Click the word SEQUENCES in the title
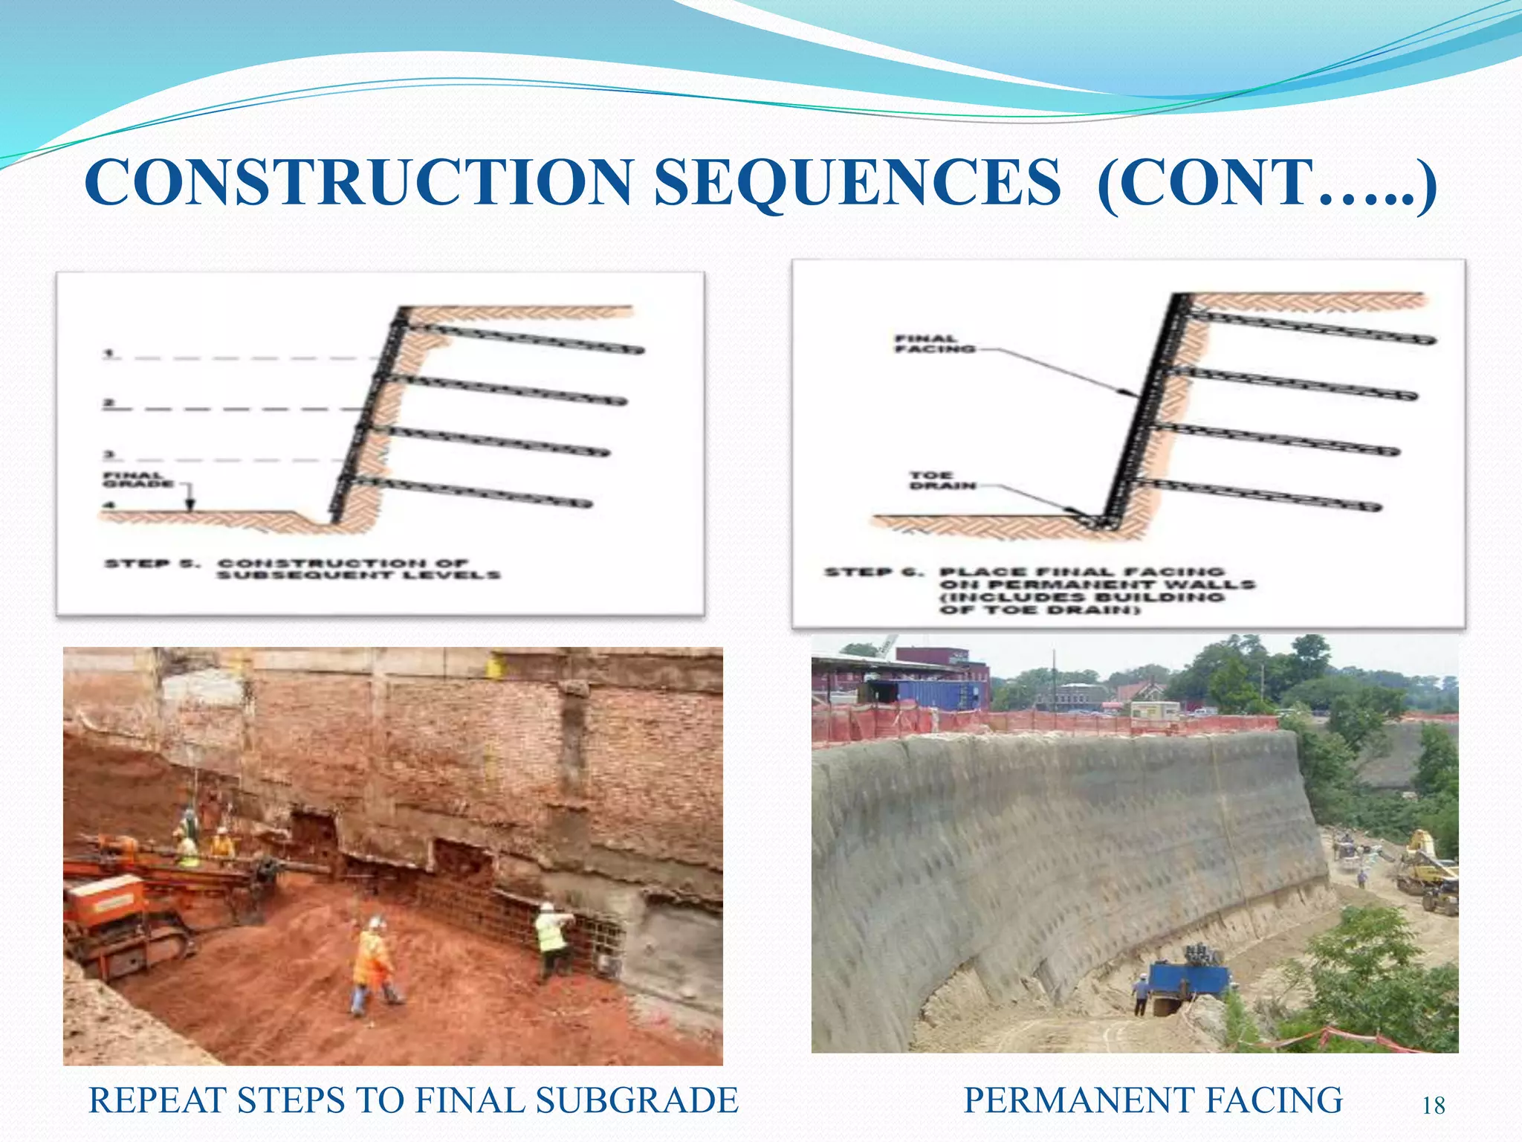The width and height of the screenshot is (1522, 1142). coord(858,183)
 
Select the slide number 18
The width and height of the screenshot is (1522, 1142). coord(1434,1106)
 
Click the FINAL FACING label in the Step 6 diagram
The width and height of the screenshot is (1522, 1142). coord(935,343)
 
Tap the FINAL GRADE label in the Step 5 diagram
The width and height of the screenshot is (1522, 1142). coord(137,480)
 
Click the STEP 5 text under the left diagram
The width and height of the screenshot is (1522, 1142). coord(152,564)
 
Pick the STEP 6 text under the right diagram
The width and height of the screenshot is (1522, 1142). coord(874,572)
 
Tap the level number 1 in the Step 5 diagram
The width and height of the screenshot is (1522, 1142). coord(109,352)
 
